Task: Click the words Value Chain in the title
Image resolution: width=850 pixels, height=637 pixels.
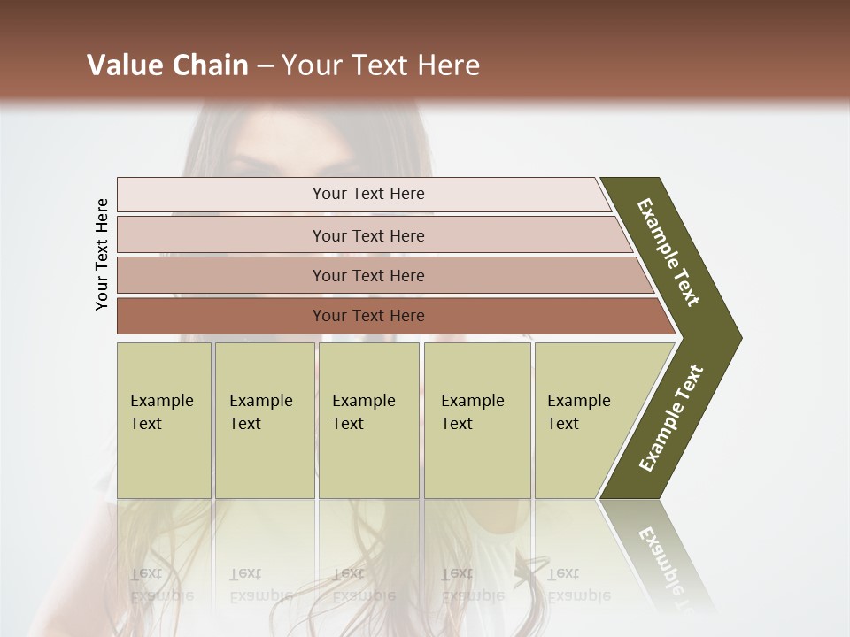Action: click(x=166, y=65)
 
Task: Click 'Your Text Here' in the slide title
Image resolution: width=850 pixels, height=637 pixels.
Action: click(x=381, y=65)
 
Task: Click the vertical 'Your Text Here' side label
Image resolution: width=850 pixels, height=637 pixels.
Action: click(x=102, y=255)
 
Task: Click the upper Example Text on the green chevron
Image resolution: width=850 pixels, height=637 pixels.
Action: click(x=668, y=252)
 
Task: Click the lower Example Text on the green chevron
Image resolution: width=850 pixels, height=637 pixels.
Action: click(x=671, y=418)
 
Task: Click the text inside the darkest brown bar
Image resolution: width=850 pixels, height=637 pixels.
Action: click(x=368, y=316)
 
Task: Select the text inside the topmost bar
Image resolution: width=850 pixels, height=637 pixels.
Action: click(x=368, y=194)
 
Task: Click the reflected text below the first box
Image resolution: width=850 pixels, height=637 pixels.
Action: click(x=161, y=584)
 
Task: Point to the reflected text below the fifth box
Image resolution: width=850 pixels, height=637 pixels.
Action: click(x=577, y=584)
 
